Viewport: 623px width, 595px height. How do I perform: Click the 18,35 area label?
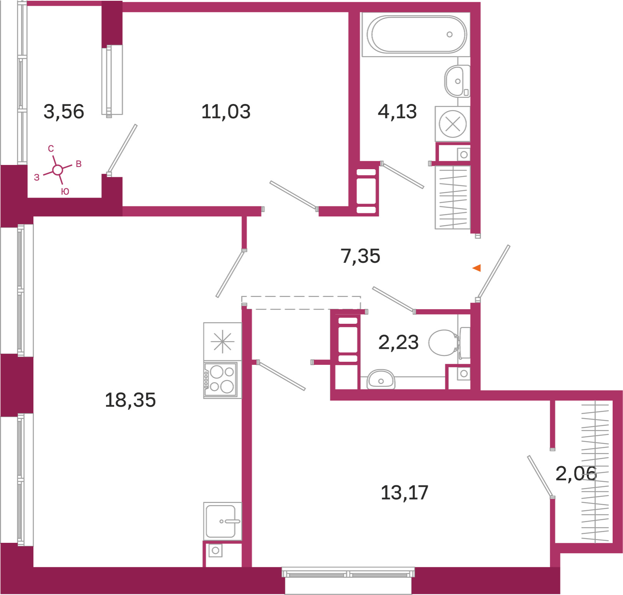click(x=130, y=400)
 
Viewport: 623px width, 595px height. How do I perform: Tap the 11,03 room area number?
click(x=226, y=112)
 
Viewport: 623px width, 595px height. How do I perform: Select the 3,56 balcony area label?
click(x=64, y=112)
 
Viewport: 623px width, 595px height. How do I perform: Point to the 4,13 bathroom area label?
click(x=397, y=112)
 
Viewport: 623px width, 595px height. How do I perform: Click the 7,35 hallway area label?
click(x=360, y=256)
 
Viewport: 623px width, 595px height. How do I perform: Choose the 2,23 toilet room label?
click(x=398, y=342)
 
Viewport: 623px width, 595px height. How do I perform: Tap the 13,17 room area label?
click(x=404, y=493)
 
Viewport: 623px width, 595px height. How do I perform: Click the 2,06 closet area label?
click(x=576, y=473)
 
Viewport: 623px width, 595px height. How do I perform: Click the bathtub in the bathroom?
click(x=416, y=35)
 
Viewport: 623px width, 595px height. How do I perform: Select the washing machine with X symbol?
click(x=452, y=124)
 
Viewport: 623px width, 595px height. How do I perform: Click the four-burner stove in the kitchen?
click(x=221, y=379)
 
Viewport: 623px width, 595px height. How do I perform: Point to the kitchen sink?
click(x=222, y=521)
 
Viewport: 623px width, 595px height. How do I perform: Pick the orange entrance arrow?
click(x=477, y=268)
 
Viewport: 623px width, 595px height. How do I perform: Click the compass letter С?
click(x=51, y=148)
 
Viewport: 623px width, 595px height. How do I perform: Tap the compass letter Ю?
click(x=65, y=191)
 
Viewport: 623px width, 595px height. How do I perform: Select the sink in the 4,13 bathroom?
click(x=457, y=81)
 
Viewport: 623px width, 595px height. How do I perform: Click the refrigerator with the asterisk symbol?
click(x=222, y=342)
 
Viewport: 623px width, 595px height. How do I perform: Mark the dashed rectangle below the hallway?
click(x=301, y=303)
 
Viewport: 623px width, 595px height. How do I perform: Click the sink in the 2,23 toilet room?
click(x=381, y=380)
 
